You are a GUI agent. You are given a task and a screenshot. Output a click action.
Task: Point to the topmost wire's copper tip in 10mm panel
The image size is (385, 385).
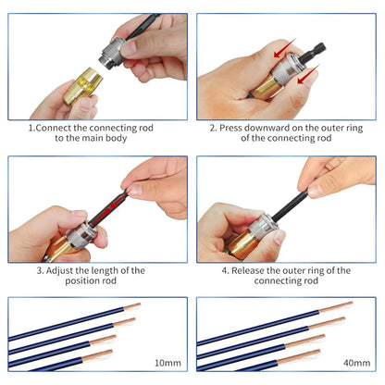(x=133, y=306)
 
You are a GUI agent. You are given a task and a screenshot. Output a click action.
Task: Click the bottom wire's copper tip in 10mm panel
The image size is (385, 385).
(x=105, y=354)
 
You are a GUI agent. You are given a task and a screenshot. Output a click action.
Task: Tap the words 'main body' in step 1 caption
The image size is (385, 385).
(x=115, y=139)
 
